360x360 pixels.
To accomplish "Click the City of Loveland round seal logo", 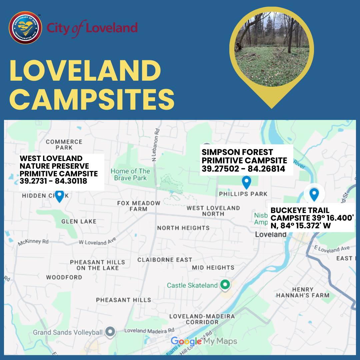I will coord(25,28).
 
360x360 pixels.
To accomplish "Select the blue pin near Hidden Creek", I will coord(59,196).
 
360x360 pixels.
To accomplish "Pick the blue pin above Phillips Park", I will coord(246,182).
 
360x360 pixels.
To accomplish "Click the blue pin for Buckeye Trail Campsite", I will coord(314,194).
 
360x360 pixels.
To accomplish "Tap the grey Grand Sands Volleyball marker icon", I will coord(110,332).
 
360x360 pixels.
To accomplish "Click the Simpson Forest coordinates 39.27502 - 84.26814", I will coord(243,169).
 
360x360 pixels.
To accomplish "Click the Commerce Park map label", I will coord(64,145).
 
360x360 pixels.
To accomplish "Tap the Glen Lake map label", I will coord(79,221).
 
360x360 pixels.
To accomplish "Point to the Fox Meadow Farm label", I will coord(139,206).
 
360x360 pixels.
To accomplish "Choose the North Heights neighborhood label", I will coord(183,228).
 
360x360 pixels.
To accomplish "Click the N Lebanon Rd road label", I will coord(154,145).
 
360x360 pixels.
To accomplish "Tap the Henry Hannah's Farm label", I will coord(303,292).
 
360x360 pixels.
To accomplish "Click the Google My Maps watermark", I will coord(204,341).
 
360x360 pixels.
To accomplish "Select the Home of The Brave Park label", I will coord(130,174).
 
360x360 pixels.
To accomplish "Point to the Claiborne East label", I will coord(165,260).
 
